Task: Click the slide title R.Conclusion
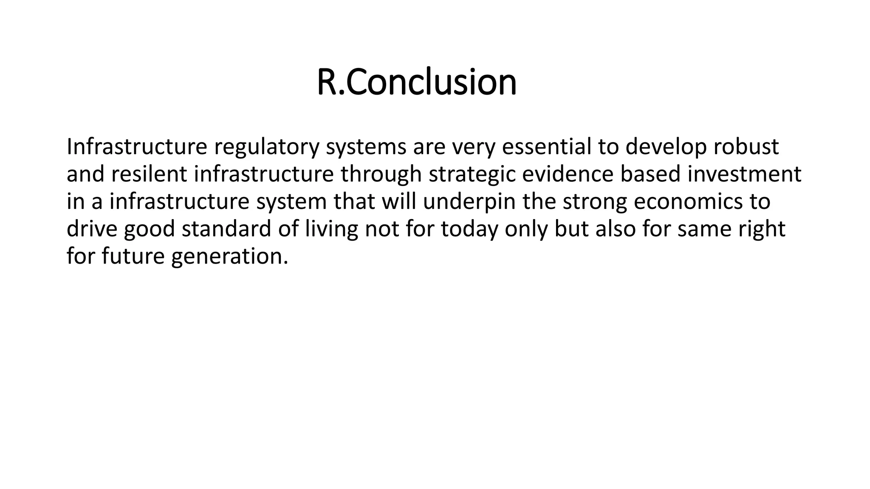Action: (x=416, y=82)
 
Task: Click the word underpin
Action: (x=469, y=202)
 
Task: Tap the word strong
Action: (x=595, y=202)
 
